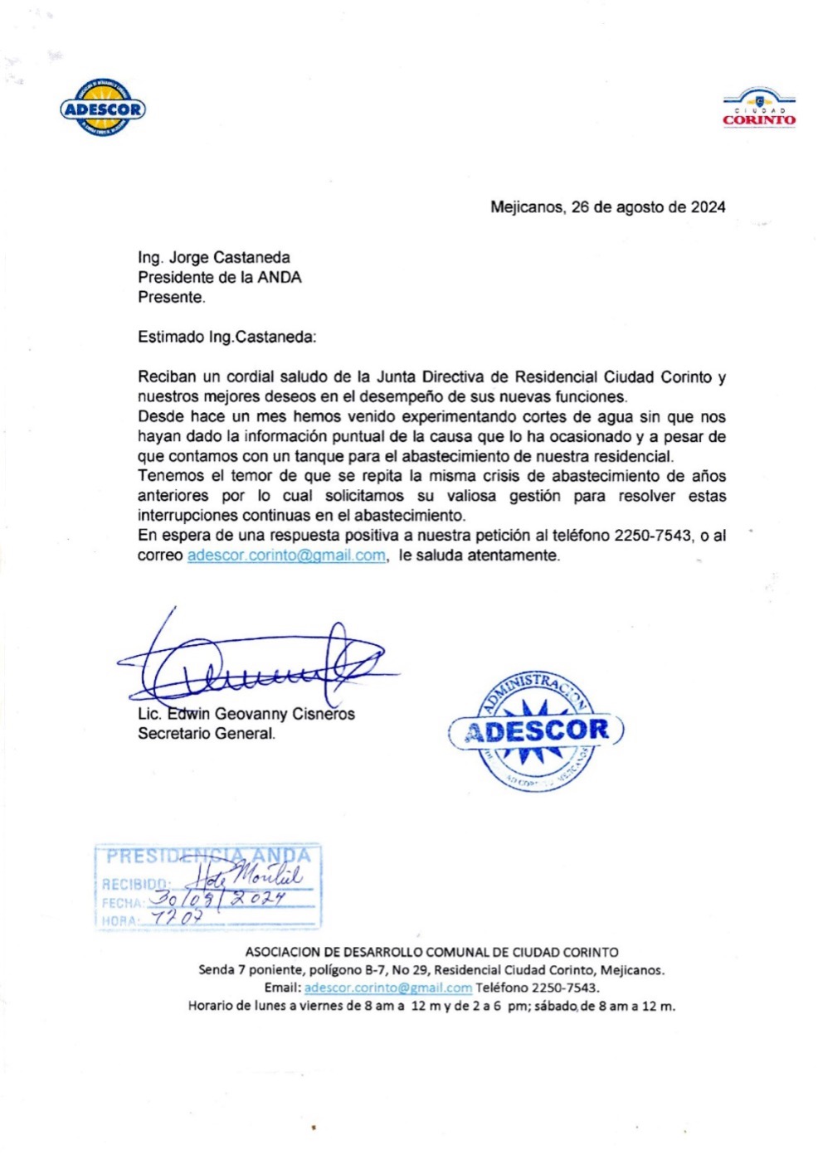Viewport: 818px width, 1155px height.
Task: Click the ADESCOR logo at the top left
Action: pos(103,108)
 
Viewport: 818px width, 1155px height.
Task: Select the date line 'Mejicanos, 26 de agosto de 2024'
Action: pos(607,207)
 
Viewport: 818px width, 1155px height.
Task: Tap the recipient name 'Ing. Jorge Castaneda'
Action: pos(214,258)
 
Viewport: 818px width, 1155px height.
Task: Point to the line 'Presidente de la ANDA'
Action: pos(220,278)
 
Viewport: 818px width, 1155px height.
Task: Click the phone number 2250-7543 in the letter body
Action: pos(651,536)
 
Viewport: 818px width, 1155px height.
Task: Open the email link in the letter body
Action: pos(286,556)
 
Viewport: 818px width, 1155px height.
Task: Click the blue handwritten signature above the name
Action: pos(257,663)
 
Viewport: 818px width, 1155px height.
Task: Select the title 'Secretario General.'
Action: pos(207,734)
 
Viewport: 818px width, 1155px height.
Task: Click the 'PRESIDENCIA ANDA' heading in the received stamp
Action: pos(208,856)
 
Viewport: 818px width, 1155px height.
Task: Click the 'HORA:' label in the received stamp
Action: pos(120,920)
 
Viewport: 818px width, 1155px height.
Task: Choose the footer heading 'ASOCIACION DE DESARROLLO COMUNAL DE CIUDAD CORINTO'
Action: pos(431,953)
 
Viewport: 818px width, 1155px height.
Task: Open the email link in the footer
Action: pos(388,988)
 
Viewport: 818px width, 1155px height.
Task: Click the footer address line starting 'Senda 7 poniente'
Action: pos(431,970)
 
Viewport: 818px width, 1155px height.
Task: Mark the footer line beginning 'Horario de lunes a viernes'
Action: pos(431,1006)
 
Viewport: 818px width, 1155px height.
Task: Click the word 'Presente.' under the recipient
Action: pos(172,298)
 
